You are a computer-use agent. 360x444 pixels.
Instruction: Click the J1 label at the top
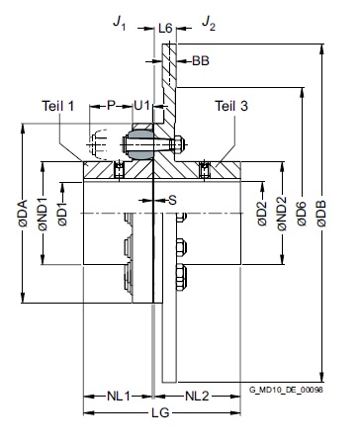tap(120, 23)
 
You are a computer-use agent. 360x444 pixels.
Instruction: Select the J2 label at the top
tap(209, 23)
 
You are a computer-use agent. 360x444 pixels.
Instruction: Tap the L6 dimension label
tap(165, 29)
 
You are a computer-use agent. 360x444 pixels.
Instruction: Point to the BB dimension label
tap(201, 60)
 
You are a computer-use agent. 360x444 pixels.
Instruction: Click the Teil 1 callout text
tap(58, 106)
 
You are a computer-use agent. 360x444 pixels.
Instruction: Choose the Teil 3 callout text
tap(231, 106)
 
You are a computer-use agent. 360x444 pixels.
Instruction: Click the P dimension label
tap(112, 106)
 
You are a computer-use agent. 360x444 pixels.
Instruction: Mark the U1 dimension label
tap(141, 106)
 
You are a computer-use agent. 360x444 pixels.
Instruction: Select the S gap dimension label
tap(172, 200)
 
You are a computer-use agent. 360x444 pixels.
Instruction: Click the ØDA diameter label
tap(23, 214)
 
